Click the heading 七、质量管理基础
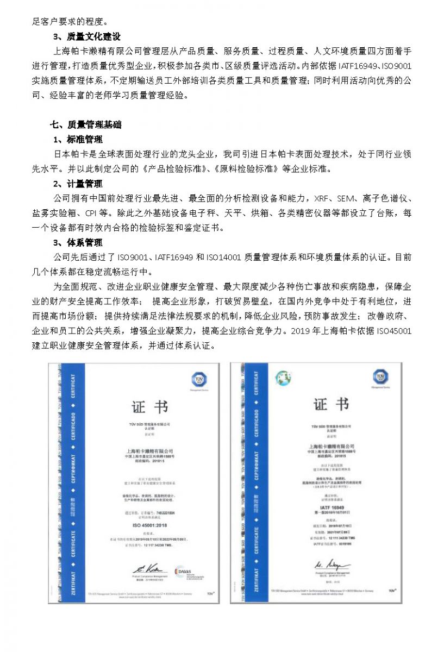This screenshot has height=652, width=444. pyautogui.click(x=85, y=124)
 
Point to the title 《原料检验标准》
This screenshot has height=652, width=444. pyautogui.click(x=247, y=169)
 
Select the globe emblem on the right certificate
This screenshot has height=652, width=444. pyautogui.click(x=283, y=377)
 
